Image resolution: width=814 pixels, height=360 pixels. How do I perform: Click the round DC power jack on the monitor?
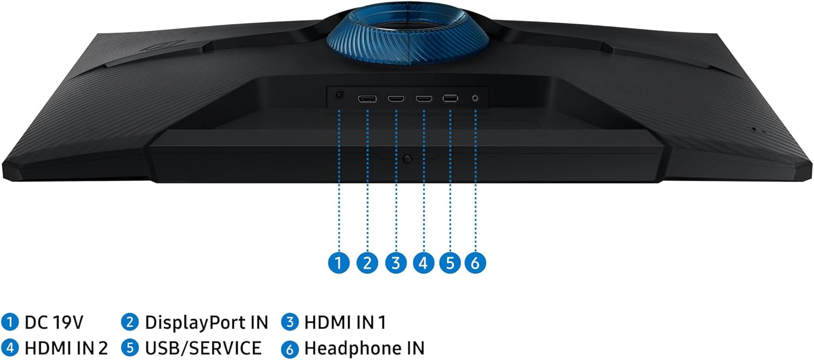[x=339, y=95]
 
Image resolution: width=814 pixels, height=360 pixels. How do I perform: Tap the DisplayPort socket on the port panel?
[x=367, y=98]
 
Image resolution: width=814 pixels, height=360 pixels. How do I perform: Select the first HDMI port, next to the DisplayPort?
[x=396, y=98]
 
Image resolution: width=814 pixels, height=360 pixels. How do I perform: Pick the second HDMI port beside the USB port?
[x=424, y=98]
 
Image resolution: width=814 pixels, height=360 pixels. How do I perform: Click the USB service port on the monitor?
[x=450, y=98]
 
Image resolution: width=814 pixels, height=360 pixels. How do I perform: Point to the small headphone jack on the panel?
[x=475, y=98]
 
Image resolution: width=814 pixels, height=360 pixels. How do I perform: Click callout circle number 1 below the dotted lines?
[x=339, y=263]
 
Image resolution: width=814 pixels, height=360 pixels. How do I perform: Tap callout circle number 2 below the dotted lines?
[x=367, y=263]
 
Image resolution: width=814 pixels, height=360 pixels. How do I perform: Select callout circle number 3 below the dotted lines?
[x=396, y=263]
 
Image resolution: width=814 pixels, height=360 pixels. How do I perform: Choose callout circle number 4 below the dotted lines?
[x=423, y=263]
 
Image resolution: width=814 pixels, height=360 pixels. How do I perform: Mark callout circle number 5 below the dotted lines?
[x=450, y=263]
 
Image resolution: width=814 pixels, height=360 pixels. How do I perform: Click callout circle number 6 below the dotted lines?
[x=475, y=263]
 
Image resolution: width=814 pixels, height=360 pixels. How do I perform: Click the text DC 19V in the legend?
[x=54, y=323]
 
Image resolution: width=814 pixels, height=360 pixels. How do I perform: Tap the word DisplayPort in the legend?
[x=195, y=323]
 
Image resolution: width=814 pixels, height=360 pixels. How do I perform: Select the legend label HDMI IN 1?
[x=345, y=323]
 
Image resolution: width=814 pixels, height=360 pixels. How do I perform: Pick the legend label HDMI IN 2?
[x=66, y=349]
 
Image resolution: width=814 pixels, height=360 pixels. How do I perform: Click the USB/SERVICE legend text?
[x=203, y=349]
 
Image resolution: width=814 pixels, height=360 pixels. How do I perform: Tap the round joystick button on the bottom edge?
[x=408, y=159]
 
